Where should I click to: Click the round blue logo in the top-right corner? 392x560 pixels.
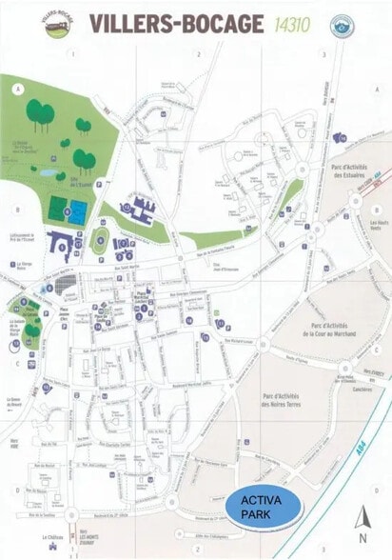(341, 26)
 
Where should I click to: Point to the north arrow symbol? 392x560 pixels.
(362, 517)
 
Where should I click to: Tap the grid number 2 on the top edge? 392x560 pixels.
(198, 55)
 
